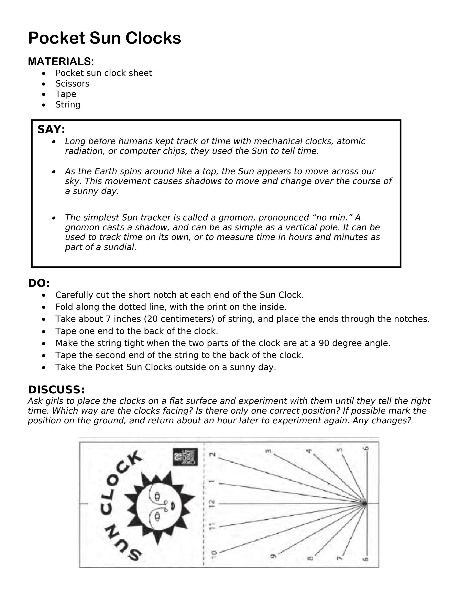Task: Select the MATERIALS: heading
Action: point(61,61)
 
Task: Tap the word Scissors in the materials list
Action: point(72,83)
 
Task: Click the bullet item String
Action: point(68,105)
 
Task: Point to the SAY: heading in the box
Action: point(51,129)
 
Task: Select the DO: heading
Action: point(39,283)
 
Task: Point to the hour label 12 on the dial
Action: point(213,504)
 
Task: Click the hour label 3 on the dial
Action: point(269,451)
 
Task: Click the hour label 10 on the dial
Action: point(214,554)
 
